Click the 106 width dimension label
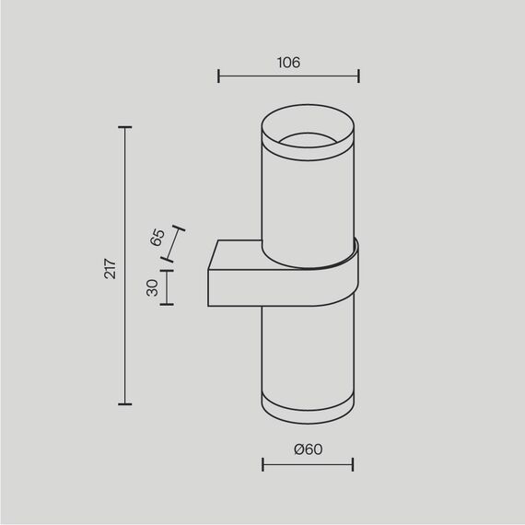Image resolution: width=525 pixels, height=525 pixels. (x=287, y=63)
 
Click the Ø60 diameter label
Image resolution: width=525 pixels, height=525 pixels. (x=308, y=449)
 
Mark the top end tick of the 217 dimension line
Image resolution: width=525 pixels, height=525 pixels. (x=125, y=127)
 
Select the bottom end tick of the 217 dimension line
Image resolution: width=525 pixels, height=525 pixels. (x=125, y=404)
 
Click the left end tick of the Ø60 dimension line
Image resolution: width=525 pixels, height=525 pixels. (x=262, y=465)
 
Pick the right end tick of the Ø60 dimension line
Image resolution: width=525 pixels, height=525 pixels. (x=353, y=465)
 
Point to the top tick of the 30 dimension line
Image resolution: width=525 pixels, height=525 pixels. (x=167, y=269)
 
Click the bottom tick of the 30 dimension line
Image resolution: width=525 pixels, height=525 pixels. (x=167, y=305)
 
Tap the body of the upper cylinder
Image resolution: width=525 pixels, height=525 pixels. (x=308, y=198)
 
